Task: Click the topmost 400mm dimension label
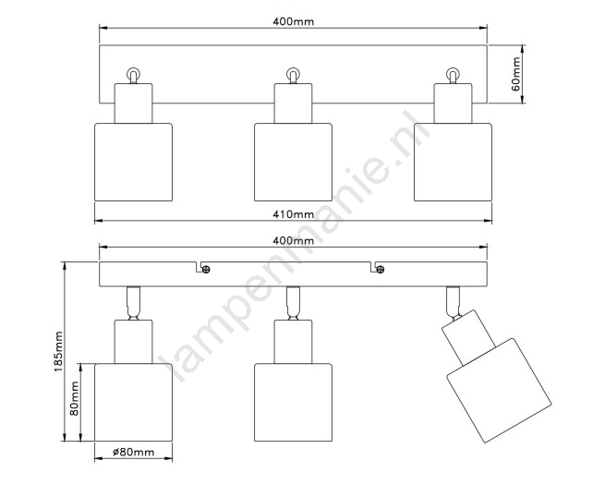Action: [x=293, y=21]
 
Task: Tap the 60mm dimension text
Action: [x=515, y=74]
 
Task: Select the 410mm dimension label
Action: [x=293, y=214]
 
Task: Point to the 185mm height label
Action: [x=58, y=351]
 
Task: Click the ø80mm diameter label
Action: [x=134, y=452]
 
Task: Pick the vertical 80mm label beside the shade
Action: [x=75, y=398]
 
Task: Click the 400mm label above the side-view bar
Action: [x=293, y=240]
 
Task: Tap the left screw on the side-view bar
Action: [x=206, y=270]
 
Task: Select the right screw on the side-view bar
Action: [x=381, y=270]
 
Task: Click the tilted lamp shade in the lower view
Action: [x=499, y=391]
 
